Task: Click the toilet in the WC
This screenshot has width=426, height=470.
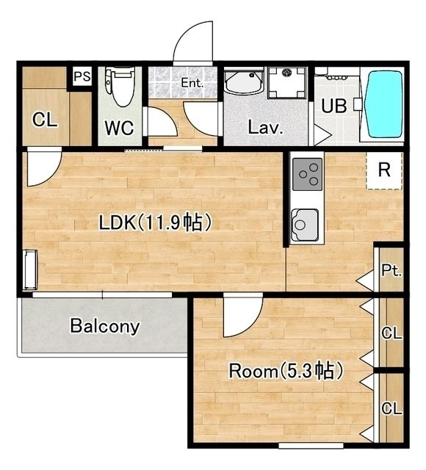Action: [x=119, y=87]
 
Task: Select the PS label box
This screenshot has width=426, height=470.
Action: [x=82, y=76]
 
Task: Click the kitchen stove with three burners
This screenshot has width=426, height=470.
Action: [x=307, y=175]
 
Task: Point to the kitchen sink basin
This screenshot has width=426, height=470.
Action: [x=305, y=225]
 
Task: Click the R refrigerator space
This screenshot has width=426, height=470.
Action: [x=384, y=170]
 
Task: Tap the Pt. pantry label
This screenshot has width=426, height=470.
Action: [x=391, y=271]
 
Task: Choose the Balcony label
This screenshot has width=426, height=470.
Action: [x=105, y=326]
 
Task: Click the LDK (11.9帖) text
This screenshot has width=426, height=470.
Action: [x=156, y=223]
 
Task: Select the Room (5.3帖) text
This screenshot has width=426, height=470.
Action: [x=286, y=371]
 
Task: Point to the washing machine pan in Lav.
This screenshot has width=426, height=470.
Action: [x=287, y=82]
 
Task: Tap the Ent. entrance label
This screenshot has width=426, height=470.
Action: [x=192, y=82]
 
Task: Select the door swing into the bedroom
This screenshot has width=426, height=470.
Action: [x=243, y=317]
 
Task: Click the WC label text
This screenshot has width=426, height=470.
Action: [x=119, y=128]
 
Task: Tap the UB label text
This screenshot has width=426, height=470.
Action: [x=334, y=106]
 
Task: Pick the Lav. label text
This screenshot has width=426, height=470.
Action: [x=266, y=128]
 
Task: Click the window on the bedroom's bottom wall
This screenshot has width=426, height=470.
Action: [x=311, y=446]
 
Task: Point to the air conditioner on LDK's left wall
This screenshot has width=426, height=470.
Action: [x=30, y=270]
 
